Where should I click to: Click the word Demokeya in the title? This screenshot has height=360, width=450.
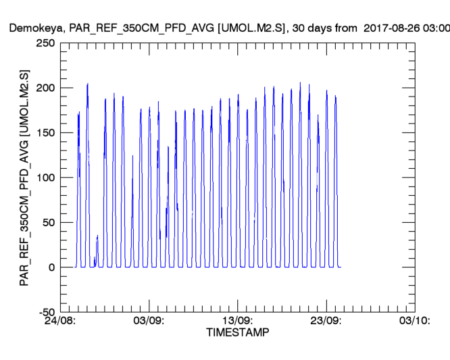31,28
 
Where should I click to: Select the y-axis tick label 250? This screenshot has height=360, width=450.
45,43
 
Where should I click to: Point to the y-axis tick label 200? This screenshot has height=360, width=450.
45,88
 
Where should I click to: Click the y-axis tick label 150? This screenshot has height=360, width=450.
45,133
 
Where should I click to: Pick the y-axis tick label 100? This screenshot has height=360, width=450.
45,178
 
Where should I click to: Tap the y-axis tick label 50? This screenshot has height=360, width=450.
49,222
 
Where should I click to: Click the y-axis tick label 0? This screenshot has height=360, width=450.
51,267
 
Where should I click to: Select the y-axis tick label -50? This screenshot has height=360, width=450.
47,312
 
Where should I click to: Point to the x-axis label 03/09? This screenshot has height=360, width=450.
149,321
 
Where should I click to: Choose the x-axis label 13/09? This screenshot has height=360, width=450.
237,321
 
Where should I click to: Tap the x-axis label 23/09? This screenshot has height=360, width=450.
326,321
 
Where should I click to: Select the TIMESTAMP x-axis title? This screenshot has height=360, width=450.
237,333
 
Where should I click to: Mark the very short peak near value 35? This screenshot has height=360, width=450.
97,236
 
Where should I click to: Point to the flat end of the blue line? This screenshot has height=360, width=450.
340,267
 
